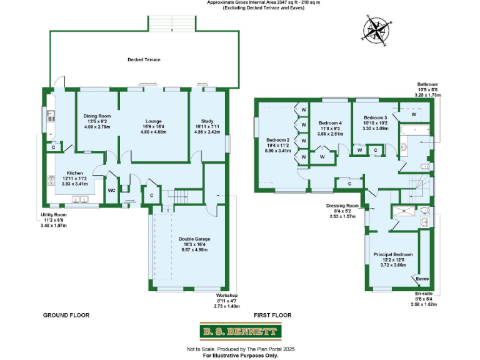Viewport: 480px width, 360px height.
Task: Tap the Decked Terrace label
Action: [x=144, y=59]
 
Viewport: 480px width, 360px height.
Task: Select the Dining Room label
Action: [x=97, y=116]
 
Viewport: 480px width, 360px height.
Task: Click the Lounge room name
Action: [x=154, y=121]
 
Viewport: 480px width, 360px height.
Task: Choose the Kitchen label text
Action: [x=75, y=172]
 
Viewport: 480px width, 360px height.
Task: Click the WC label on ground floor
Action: [x=111, y=189]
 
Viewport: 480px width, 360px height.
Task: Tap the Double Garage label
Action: [x=193, y=238]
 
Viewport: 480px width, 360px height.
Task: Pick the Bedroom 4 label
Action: [x=329, y=123]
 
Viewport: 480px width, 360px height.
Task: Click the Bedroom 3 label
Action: [x=376, y=117]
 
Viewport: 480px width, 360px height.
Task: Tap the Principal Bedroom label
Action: [x=392, y=254]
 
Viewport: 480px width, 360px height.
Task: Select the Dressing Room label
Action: [x=342, y=205]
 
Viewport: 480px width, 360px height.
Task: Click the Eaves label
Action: [x=422, y=279]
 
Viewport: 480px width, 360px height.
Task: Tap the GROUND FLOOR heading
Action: [x=66, y=316]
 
